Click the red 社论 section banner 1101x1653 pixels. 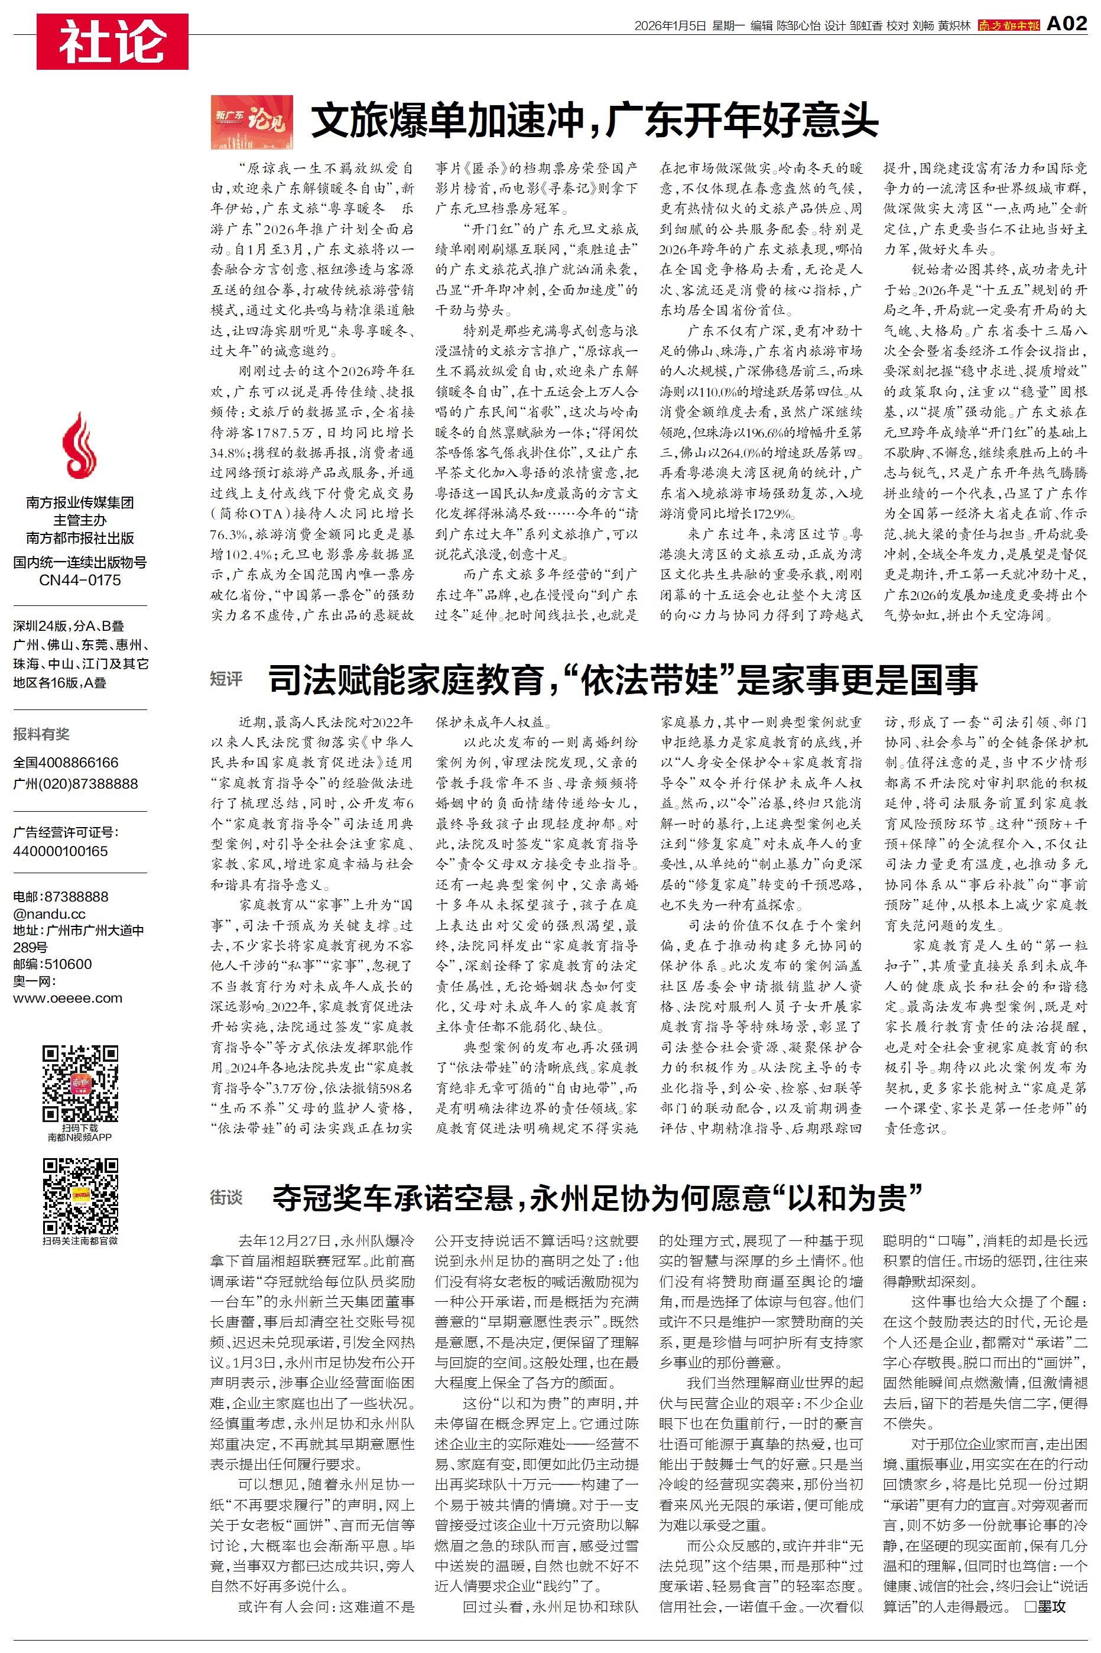pyautogui.click(x=112, y=41)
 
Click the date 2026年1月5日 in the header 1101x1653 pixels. pyautogui.click(x=669, y=26)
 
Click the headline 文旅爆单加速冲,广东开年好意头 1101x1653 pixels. pyautogui.click(x=594, y=121)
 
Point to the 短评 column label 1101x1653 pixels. pyautogui.click(x=226, y=679)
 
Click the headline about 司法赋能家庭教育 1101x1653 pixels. pyautogui.click(x=623, y=679)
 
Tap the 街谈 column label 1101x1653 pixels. pyautogui.click(x=226, y=1197)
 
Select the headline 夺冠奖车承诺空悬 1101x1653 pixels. pyautogui.click(x=597, y=1197)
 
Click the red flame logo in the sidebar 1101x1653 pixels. pyautogui.click(x=79, y=446)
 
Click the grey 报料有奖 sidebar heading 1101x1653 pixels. pyautogui.click(x=41, y=734)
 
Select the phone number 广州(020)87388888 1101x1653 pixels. pyautogui.click(x=75, y=784)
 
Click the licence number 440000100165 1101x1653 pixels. pyautogui.click(x=60, y=851)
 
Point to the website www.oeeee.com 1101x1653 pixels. pyautogui.click(x=67, y=998)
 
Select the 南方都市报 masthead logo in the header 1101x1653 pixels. pyautogui.click(x=1008, y=25)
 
